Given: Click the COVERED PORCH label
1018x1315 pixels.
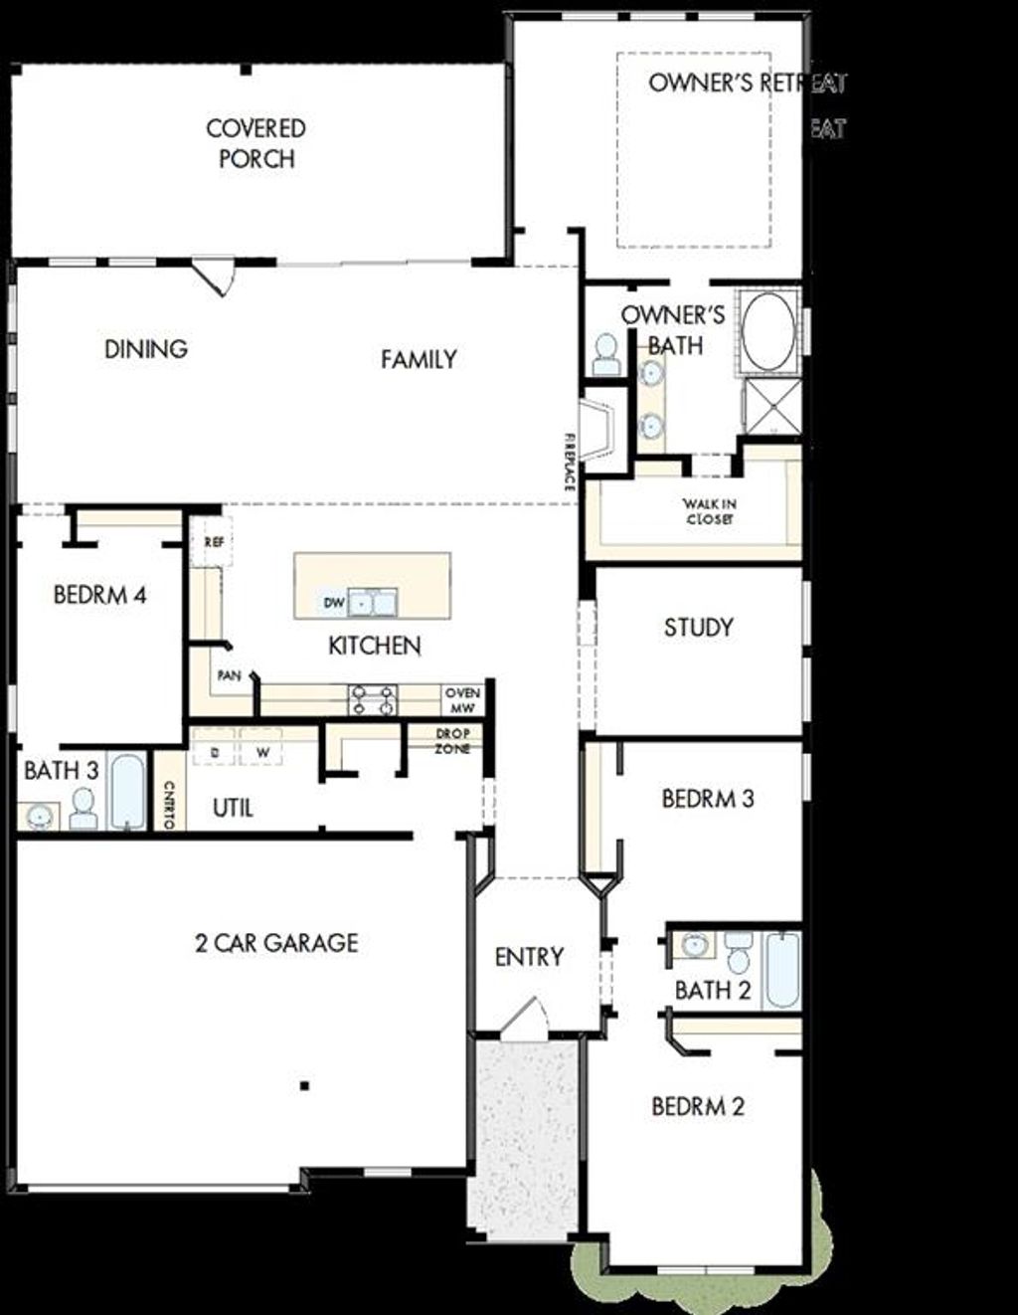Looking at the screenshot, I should [255, 143].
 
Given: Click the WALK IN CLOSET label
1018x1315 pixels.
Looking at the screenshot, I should [709, 511].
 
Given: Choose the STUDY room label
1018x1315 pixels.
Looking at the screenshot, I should [698, 628].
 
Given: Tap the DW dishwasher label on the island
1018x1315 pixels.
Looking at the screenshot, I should [333, 603].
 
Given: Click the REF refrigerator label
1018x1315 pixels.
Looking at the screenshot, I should [214, 542].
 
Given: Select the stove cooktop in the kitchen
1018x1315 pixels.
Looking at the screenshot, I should [372, 700].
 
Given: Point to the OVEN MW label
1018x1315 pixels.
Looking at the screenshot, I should [462, 700].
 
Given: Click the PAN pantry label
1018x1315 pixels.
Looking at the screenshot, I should [230, 676].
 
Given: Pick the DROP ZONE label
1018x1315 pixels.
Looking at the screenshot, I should [452, 741].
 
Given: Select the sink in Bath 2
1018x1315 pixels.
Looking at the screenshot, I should [695, 945].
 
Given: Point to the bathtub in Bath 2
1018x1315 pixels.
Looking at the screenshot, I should [782, 969].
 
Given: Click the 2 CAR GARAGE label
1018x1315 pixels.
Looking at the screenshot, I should [276, 942].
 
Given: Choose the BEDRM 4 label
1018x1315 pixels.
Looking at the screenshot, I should [99, 595].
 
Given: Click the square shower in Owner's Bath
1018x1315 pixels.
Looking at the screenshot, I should [772, 406].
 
